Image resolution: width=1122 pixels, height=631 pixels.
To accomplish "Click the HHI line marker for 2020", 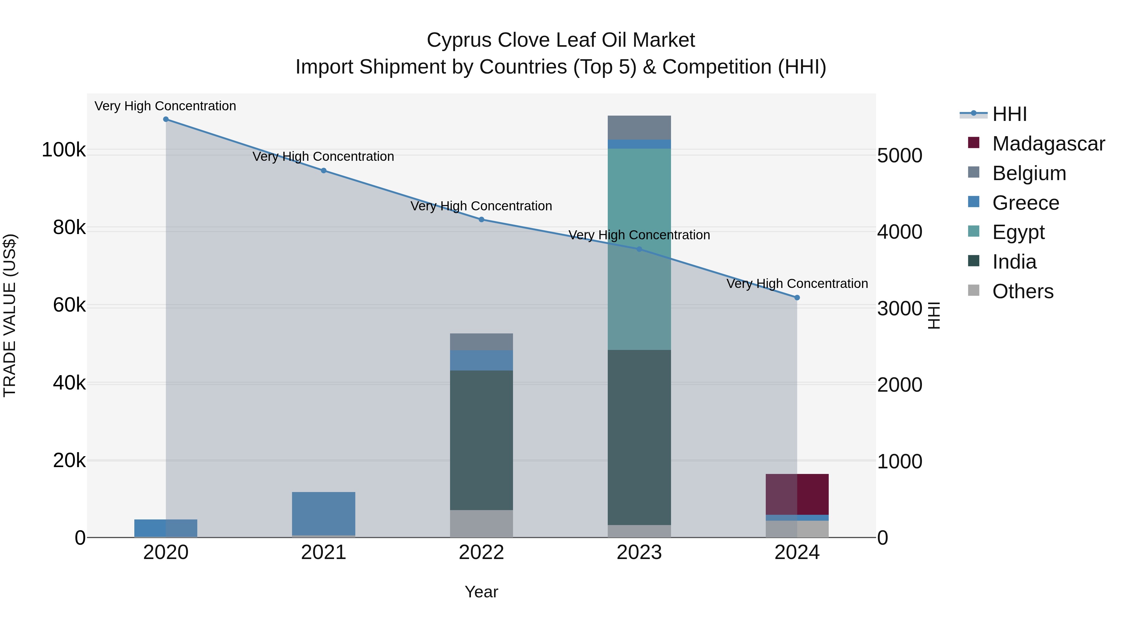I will point(165,119).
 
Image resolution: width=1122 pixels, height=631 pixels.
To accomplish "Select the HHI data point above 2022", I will point(481,219).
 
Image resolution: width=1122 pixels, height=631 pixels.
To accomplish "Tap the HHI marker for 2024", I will point(797,298).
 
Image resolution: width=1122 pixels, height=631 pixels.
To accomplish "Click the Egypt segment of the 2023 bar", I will point(639,248).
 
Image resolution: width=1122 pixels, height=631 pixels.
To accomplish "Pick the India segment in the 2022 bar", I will point(481,440).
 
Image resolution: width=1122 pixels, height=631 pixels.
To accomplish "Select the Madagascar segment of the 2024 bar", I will point(797,494).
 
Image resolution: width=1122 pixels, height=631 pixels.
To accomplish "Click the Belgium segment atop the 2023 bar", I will point(639,127).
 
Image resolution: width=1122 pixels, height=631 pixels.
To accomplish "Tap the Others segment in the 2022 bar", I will point(481,523).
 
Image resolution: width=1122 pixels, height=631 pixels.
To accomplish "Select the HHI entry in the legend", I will point(1009,114).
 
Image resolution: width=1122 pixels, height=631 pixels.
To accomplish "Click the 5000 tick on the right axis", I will point(899,156).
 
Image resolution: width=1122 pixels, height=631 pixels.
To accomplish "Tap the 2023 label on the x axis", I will point(639,552).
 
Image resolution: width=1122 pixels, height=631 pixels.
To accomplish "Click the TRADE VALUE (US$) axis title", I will point(10,315).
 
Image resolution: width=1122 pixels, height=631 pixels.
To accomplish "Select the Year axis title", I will point(481,592).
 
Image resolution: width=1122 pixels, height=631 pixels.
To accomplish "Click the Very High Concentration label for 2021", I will point(323,156).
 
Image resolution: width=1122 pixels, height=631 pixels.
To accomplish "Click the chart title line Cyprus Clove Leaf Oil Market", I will point(561,40).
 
